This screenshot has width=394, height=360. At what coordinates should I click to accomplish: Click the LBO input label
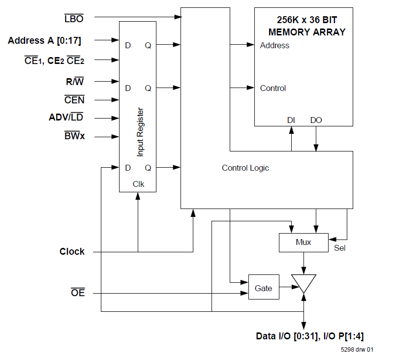pos(74,19)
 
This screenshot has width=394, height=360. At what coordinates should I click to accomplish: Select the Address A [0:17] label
pos(45,41)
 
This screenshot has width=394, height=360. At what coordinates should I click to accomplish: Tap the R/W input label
pos(75,82)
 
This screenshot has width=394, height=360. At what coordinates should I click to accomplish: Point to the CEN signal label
pos(74,100)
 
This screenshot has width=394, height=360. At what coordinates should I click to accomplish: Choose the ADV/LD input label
pos(66,118)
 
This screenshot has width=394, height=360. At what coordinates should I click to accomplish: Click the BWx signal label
pos(74,136)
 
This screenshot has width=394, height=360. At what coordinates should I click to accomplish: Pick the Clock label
pos(72,252)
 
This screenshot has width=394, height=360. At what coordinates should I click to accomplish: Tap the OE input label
pos(78,293)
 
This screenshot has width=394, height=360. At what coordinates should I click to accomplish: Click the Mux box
pos(303,242)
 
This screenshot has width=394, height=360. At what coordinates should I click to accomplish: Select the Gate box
pos(264,288)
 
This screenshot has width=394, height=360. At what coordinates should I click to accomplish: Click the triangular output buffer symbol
pos(303,283)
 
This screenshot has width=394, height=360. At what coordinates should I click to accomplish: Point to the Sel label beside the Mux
pos(339,248)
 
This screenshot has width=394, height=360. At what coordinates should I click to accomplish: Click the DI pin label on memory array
pos(291,120)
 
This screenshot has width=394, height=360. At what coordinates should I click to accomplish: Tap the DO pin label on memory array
pos(316,120)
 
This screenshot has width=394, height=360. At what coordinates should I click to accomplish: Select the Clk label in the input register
pos(138,184)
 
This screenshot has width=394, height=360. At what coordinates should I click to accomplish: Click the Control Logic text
pos(245,168)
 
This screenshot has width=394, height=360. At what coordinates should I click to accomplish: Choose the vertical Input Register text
pos(140,132)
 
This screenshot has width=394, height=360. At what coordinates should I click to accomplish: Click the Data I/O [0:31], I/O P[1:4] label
pos(310,336)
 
